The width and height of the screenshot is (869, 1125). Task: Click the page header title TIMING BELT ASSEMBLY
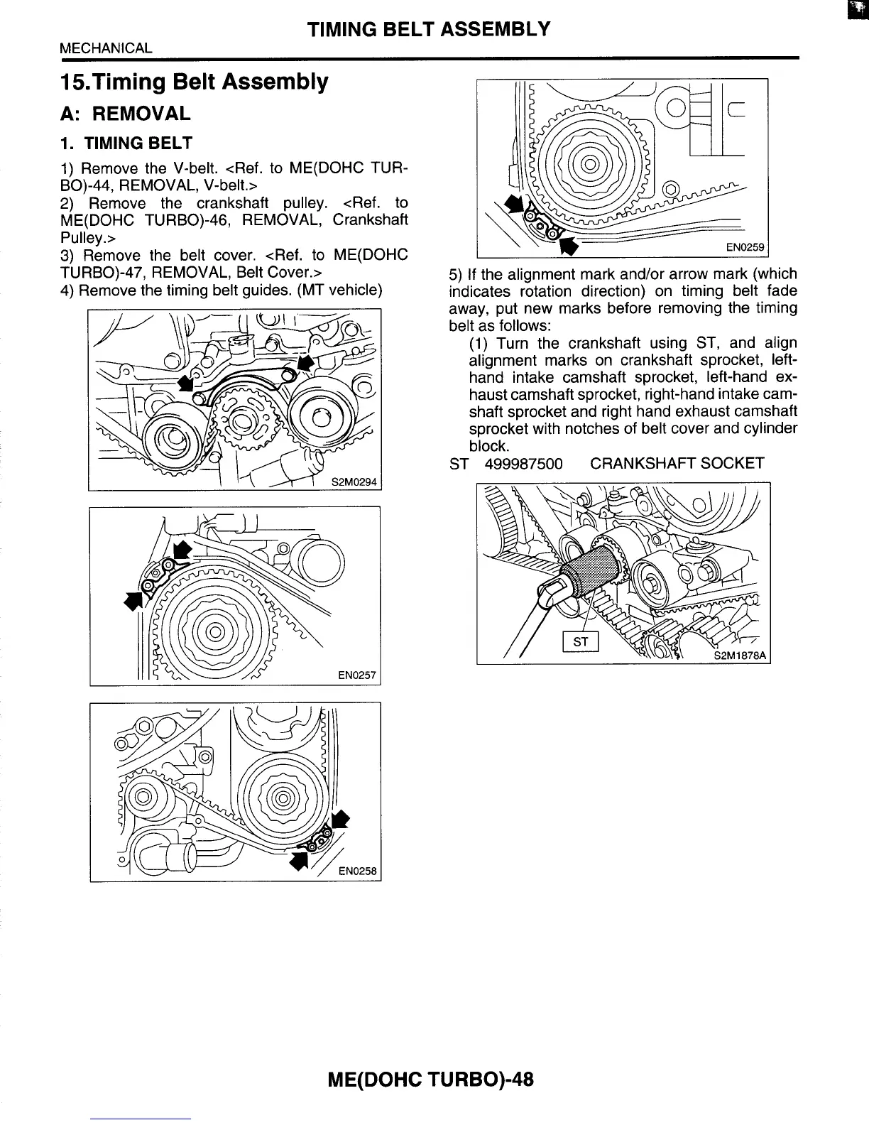(429, 29)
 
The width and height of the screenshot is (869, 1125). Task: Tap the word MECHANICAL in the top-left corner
(106, 48)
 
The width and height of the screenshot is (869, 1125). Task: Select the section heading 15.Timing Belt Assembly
(194, 82)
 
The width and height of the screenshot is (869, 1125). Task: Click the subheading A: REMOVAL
(125, 114)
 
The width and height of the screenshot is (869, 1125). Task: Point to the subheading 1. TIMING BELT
(126, 143)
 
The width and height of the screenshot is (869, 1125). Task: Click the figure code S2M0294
(356, 482)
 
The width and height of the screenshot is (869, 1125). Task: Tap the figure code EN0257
(356, 675)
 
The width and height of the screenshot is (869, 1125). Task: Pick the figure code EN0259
(744, 248)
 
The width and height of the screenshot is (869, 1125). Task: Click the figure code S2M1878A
(741, 656)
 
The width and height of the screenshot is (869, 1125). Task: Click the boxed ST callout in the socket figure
(581, 641)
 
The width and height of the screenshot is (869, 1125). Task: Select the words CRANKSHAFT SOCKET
(677, 464)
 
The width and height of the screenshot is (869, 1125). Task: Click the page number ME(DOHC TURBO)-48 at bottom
(430, 1080)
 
